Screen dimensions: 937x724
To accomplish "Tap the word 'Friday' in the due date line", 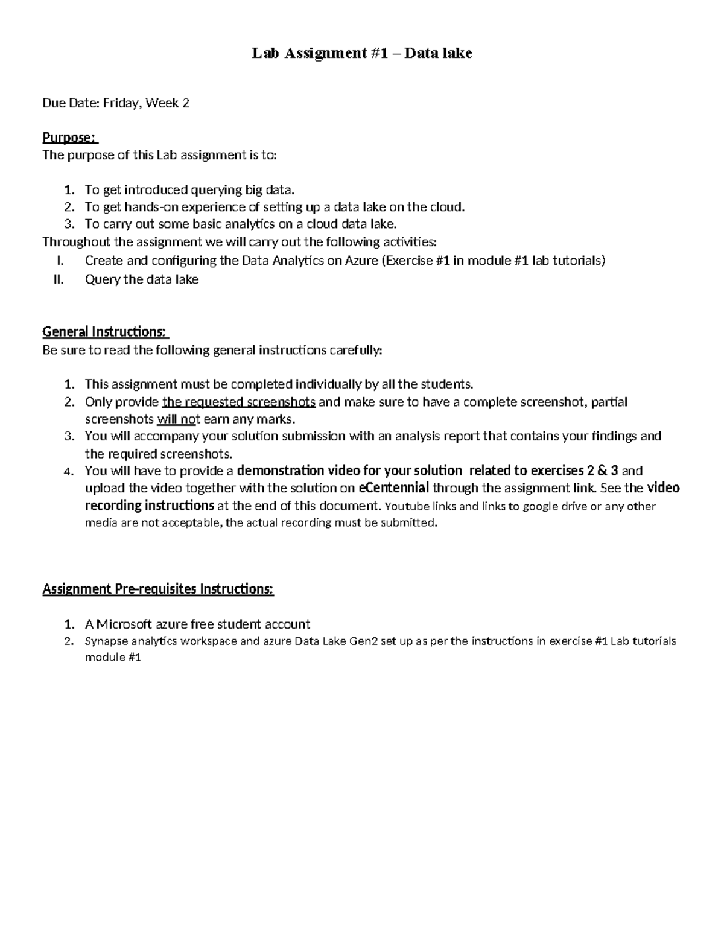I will [x=122, y=103].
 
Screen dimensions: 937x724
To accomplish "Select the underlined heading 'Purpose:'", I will [x=69, y=138].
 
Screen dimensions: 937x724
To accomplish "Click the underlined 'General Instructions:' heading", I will [x=105, y=332].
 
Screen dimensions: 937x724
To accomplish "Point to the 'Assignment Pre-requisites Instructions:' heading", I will [x=157, y=589].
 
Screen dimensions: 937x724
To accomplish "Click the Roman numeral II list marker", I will [x=59, y=279].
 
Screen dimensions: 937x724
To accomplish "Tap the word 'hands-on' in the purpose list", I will [x=150, y=207].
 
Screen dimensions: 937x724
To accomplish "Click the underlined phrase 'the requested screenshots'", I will [x=239, y=402].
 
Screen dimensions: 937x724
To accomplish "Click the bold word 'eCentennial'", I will [x=393, y=488].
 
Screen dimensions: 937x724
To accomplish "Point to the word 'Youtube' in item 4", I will [x=404, y=506].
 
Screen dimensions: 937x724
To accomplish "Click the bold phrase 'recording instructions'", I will [x=149, y=505].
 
